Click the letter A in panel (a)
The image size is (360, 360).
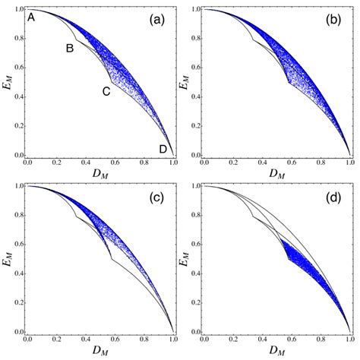tap(31, 17)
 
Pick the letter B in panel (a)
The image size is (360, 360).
tap(69, 49)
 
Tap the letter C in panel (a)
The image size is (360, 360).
tap(106, 91)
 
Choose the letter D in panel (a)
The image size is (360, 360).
tap(163, 150)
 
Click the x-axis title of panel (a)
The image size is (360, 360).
tap(101, 175)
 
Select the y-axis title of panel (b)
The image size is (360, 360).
tap(185, 84)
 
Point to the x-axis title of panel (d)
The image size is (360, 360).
tap(278, 352)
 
